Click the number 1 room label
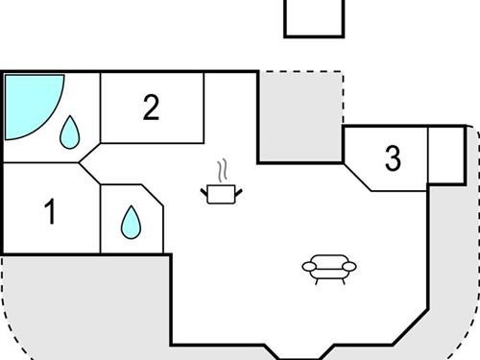pyautogui.click(x=50, y=211)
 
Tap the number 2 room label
pyautogui.click(x=151, y=108)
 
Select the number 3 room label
pyautogui.click(x=392, y=158)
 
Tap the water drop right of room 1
pyautogui.click(x=130, y=223)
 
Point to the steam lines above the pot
pyautogui.click(x=224, y=171)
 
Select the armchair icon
pyautogui.click(x=328, y=268)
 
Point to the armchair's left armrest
pyautogui.click(x=307, y=267)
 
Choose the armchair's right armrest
pyautogui.click(x=350, y=266)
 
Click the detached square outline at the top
pyautogui.click(x=314, y=17)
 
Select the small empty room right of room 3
pyautogui.click(x=444, y=154)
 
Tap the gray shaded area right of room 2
pyautogui.click(x=300, y=115)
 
